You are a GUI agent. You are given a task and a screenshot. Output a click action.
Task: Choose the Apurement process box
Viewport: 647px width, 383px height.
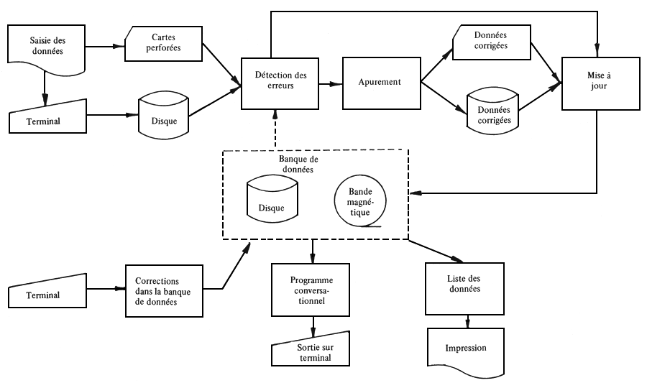click(x=380, y=82)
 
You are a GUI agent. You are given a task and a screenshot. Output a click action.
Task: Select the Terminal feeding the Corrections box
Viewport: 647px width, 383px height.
click(x=48, y=295)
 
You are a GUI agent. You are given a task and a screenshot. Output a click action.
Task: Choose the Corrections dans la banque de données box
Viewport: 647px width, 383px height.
click(x=164, y=289)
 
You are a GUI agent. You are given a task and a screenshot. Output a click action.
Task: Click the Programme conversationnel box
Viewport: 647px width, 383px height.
click(x=311, y=290)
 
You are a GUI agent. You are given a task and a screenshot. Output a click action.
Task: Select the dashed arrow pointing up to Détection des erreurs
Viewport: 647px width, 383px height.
click(x=276, y=129)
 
